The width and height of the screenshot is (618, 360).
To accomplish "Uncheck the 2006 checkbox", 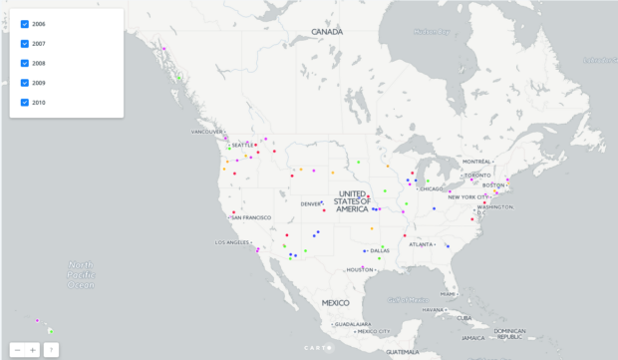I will click(x=25, y=23).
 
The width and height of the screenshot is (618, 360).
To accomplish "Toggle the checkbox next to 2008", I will click(x=25, y=63).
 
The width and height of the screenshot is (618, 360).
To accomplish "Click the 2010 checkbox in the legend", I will click(x=25, y=102).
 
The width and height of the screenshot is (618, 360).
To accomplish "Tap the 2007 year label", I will click(x=39, y=43).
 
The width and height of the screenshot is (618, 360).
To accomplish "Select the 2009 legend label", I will click(x=39, y=83).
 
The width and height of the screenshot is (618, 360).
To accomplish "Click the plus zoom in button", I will click(x=33, y=350).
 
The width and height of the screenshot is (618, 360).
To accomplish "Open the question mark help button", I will click(x=51, y=350).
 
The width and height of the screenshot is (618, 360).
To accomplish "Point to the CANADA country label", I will click(x=326, y=32).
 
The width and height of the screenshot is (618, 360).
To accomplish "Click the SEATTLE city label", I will click(x=242, y=145).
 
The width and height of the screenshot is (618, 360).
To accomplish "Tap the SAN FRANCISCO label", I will click(x=251, y=217).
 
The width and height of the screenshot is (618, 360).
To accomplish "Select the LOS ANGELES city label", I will click(x=232, y=242).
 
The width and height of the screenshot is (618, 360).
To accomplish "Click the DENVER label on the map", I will click(x=311, y=203).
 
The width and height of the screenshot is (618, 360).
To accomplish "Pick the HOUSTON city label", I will click(x=360, y=269).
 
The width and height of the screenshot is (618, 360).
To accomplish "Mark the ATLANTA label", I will click(x=422, y=243).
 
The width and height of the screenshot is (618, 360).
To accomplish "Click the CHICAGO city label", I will click(x=431, y=188).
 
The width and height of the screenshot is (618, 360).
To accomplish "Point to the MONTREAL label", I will click(x=476, y=162).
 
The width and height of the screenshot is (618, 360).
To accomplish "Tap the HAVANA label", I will click(x=431, y=309).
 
